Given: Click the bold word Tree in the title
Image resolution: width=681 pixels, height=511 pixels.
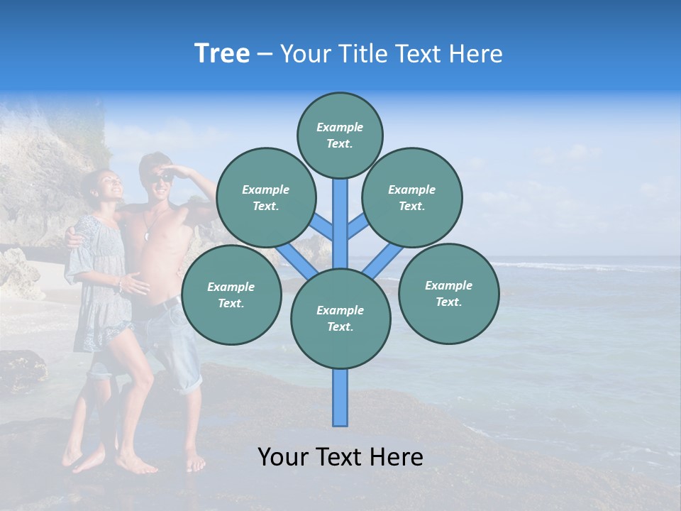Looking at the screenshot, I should pyautogui.click(x=222, y=54).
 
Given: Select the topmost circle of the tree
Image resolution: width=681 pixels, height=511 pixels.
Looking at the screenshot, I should pyautogui.click(x=340, y=135).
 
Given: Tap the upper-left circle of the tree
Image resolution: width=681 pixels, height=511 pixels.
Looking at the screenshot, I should pyautogui.click(x=265, y=197).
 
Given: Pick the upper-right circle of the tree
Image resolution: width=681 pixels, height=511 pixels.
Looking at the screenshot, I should pyautogui.click(x=411, y=197).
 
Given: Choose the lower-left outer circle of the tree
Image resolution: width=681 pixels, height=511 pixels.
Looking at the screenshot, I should pyautogui.click(x=231, y=295).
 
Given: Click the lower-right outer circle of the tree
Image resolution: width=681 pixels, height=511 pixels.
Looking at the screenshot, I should pyautogui.click(x=448, y=293).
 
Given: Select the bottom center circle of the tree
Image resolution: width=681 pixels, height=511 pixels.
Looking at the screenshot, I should pyautogui.click(x=340, y=318).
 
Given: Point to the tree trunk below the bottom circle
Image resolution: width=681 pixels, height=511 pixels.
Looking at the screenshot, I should pyautogui.click(x=340, y=397).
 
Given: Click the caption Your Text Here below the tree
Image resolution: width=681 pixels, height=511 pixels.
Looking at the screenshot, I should pyautogui.click(x=340, y=457).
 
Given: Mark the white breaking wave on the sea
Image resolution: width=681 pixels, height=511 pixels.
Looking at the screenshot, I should pyautogui.click(x=567, y=268).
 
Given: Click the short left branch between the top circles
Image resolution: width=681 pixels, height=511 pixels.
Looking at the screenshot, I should pyautogui.click(x=323, y=227).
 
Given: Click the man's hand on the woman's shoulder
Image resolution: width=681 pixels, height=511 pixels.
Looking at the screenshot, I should pyautogui.click(x=74, y=236).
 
